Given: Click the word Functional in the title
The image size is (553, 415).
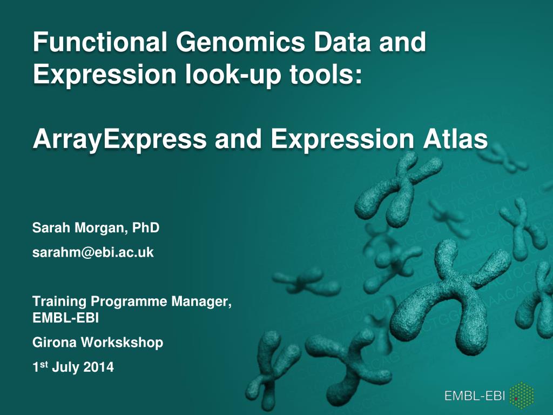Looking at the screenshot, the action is (x=100, y=42).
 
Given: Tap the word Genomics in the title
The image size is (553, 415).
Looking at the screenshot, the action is (x=240, y=42).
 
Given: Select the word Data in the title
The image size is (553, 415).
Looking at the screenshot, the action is (x=342, y=42).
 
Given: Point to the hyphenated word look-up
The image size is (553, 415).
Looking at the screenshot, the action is (x=233, y=75).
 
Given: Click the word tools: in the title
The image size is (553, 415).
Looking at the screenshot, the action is (x=326, y=74).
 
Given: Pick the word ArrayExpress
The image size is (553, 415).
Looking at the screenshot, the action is (x=119, y=140).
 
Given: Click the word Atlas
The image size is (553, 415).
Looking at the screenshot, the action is (x=455, y=139).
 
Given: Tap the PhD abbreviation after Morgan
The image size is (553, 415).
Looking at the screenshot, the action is (x=146, y=227).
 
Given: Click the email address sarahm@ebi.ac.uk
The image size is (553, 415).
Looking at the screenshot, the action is (x=93, y=252).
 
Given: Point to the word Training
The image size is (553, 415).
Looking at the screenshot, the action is (x=59, y=302).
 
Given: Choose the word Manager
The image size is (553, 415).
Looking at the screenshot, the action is (x=201, y=302).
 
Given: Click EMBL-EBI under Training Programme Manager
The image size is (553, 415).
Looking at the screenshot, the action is (x=65, y=318).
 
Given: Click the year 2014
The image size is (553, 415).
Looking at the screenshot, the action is (x=99, y=367).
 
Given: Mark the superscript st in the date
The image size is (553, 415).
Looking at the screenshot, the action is (x=44, y=365).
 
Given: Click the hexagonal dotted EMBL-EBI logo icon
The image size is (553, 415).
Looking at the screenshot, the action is (x=522, y=396).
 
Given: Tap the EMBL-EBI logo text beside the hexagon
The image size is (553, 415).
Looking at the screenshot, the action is (x=475, y=396).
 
